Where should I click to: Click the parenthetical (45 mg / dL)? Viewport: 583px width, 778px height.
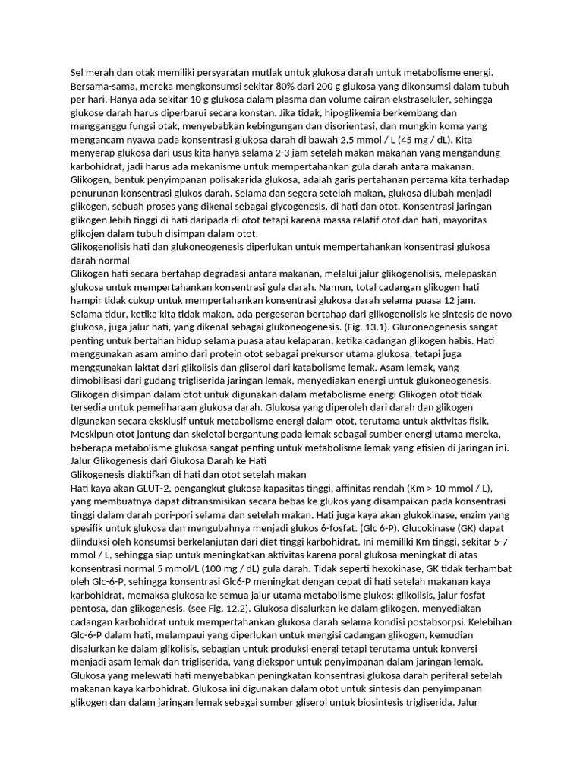pyautogui.click(x=429, y=140)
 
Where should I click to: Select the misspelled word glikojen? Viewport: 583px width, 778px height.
pyautogui.click(x=89, y=233)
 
